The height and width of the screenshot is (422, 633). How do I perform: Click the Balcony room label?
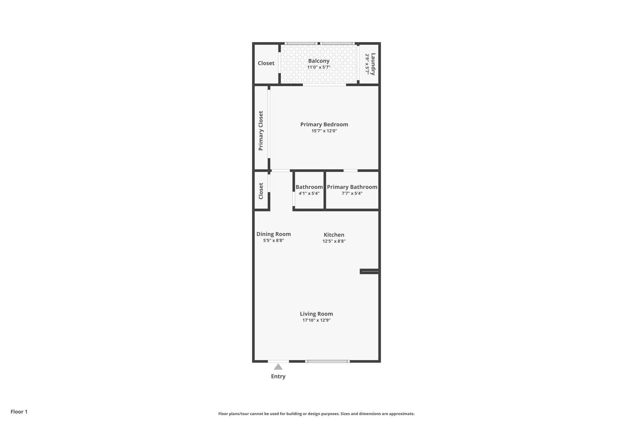tap(319, 61)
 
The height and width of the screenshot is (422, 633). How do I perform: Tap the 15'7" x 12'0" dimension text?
tap(324, 131)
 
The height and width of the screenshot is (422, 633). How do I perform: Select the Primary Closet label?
tap(261, 130)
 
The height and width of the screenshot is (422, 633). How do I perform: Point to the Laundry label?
tap(373, 64)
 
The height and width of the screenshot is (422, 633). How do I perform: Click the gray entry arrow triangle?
tap(278, 367)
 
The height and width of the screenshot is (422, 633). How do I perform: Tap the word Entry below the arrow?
tap(278, 376)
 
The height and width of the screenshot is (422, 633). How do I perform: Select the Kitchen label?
tap(334, 235)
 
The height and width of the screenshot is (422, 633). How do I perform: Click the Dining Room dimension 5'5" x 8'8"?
tap(273, 241)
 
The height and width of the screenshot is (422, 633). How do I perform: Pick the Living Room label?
tap(316, 314)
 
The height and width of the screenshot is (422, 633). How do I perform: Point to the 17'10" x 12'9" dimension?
tap(316, 320)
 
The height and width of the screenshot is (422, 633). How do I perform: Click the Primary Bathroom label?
tap(352, 187)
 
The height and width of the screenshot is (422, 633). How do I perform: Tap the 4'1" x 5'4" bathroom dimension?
tap(309, 193)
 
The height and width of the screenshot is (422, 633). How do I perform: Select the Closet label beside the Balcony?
tap(266, 63)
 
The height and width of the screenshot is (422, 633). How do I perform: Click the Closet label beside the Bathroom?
tap(261, 191)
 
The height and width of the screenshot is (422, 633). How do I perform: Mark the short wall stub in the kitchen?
tap(369, 271)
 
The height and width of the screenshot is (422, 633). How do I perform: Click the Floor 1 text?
tap(19, 412)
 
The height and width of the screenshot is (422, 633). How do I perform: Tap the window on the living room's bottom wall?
tap(328, 361)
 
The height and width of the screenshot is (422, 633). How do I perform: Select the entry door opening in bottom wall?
tap(278, 361)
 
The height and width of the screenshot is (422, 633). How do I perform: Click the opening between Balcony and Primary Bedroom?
tap(324, 85)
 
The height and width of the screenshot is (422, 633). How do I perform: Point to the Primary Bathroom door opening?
tap(350, 171)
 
